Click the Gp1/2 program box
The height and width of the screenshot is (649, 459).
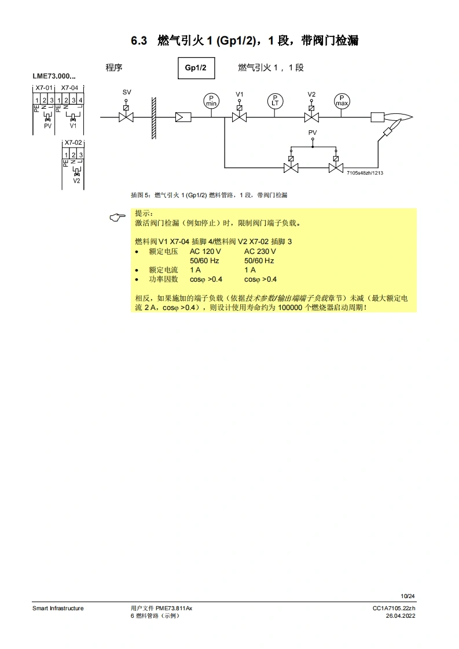click(x=196, y=68)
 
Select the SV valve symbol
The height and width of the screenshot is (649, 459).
click(x=126, y=116)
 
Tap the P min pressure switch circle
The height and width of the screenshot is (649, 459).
click(x=211, y=101)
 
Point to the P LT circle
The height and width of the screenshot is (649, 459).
click(x=275, y=101)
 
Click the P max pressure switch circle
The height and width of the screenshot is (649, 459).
click(x=342, y=101)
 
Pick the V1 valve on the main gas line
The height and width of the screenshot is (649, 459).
click(x=239, y=116)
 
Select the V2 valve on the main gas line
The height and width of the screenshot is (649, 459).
click(x=311, y=116)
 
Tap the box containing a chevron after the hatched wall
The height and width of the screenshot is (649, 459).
click(x=182, y=117)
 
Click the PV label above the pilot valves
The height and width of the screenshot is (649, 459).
click(x=313, y=132)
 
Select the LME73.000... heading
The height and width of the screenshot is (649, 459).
click(x=54, y=76)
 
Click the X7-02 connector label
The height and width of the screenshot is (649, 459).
click(x=73, y=142)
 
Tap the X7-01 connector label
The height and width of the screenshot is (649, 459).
click(x=44, y=87)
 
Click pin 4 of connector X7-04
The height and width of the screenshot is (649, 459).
click(x=80, y=100)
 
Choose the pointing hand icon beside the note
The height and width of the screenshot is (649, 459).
click(x=117, y=217)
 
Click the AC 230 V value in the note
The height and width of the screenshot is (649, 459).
click(x=260, y=252)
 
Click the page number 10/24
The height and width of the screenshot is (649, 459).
click(x=408, y=596)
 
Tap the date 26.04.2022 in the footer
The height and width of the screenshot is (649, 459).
click(x=401, y=615)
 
